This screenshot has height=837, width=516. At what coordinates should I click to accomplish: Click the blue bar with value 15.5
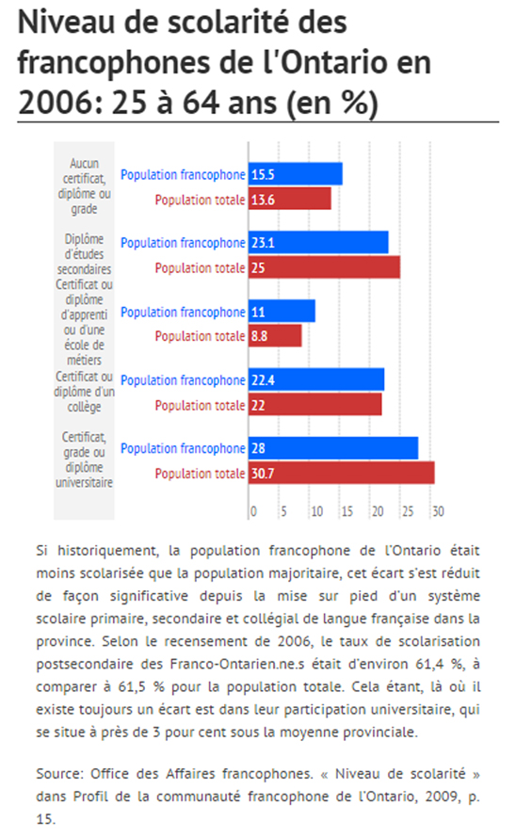click(295, 174)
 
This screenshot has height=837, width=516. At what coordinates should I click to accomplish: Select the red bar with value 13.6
click(290, 199)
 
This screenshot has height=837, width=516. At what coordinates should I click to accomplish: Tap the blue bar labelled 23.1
click(318, 242)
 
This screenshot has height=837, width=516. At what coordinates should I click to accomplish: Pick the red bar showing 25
click(325, 267)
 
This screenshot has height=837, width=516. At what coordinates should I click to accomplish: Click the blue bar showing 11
click(282, 312)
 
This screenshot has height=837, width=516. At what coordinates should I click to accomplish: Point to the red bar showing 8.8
click(275, 336)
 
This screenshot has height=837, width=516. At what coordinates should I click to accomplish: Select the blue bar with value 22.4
click(316, 379)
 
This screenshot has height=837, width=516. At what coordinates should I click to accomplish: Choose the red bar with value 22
click(315, 405)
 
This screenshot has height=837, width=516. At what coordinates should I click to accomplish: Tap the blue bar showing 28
click(333, 448)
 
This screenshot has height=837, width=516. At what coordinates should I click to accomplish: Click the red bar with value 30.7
click(342, 473)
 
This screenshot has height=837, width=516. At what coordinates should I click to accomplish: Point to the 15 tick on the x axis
click(347, 511)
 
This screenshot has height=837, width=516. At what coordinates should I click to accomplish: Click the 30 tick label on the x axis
click(438, 511)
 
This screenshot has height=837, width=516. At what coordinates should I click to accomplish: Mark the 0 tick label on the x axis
click(253, 511)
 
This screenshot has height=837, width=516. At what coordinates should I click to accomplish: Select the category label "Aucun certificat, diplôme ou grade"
click(85, 185)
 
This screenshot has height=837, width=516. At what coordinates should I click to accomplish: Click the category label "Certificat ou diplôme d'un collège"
click(85, 392)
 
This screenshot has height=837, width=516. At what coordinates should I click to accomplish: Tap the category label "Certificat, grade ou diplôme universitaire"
click(85, 459)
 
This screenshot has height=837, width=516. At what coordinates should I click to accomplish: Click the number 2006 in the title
click(57, 103)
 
